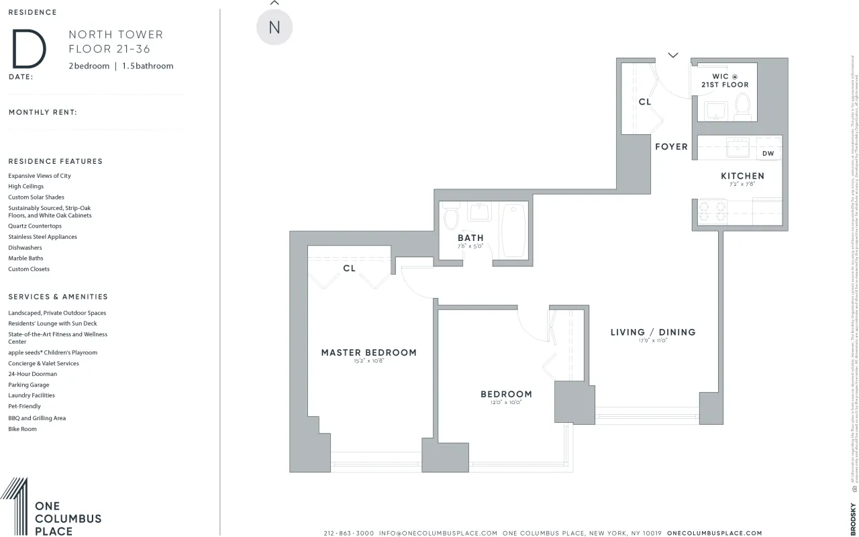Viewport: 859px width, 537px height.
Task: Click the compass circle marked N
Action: [274, 28]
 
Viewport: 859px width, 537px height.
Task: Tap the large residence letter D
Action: [28, 49]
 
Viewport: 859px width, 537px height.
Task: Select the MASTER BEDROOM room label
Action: [368, 352]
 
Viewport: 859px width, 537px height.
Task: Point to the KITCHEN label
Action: [742, 176]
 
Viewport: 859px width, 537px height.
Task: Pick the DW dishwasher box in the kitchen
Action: [768, 154]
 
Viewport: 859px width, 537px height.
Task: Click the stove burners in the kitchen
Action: [712, 211]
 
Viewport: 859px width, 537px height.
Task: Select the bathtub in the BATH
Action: [515, 230]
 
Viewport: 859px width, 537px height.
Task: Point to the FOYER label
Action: [671, 146]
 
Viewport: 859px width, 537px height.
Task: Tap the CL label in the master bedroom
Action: [349, 268]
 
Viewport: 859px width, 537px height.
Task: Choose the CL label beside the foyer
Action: [644, 102]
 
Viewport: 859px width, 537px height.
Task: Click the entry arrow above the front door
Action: [673, 55]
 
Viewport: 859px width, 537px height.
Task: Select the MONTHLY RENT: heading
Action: [43, 112]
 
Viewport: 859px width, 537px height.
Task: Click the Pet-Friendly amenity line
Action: [24, 406]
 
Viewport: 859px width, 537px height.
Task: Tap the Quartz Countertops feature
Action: [35, 226]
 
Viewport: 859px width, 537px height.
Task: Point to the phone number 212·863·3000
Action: [348, 533]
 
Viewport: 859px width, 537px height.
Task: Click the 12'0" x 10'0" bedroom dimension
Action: [506, 403]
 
